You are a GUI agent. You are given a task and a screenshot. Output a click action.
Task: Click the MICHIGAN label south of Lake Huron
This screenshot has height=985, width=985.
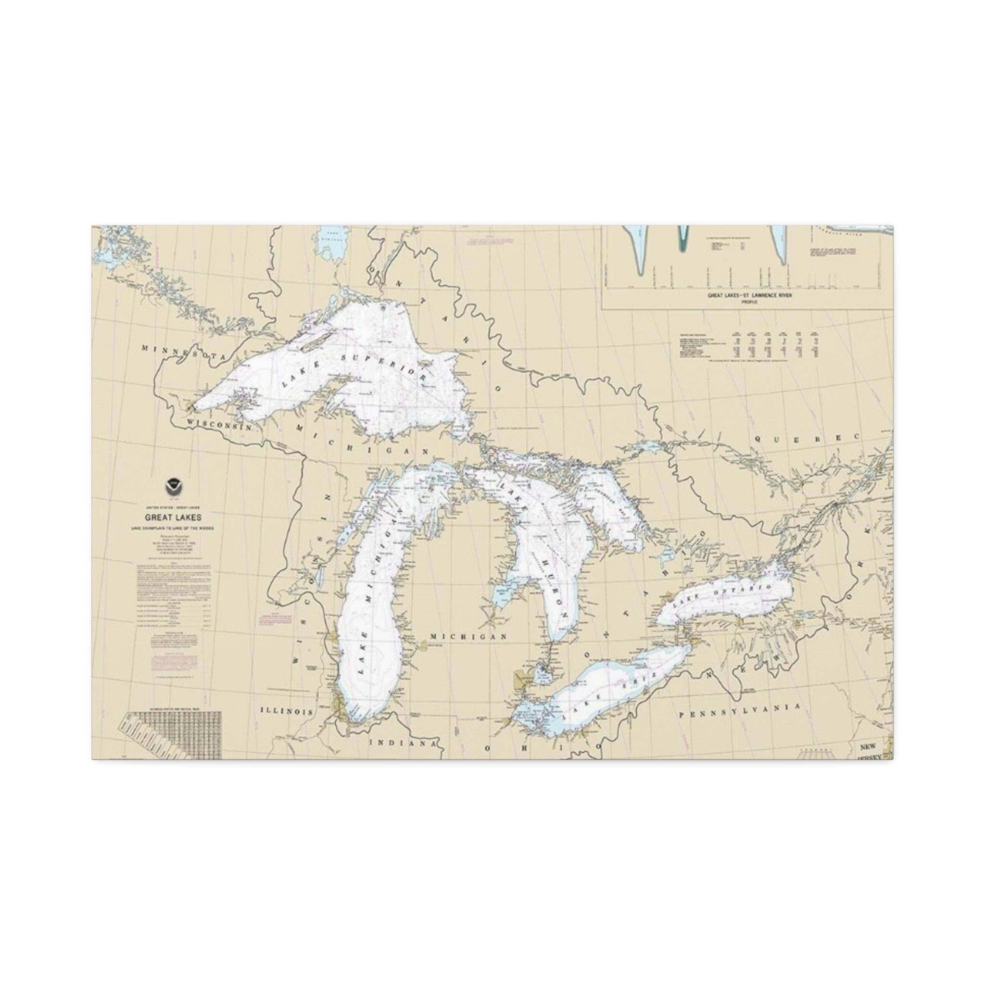[x=468, y=637]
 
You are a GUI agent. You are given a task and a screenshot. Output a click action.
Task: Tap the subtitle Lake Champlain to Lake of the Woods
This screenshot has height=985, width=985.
[x=172, y=528]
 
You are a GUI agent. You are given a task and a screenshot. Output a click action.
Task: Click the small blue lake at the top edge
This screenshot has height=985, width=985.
[x=330, y=244]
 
